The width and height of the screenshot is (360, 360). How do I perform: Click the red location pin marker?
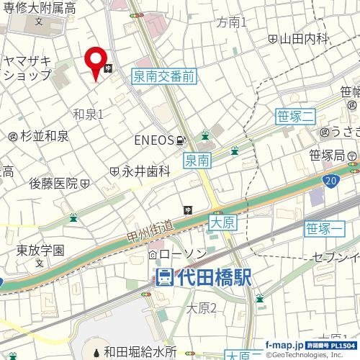(94, 62)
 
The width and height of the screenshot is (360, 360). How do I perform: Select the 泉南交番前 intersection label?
(163, 74)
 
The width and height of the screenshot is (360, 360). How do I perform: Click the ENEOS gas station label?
(152, 140)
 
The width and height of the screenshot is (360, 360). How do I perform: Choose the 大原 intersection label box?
(223, 223)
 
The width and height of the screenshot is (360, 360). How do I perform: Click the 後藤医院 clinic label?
(53, 184)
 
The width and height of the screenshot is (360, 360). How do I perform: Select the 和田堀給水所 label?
(139, 352)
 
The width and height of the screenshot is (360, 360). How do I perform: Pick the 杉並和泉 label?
(43, 135)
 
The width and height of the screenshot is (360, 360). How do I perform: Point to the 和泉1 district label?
(89, 114)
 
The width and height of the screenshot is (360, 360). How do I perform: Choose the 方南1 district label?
(231, 23)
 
